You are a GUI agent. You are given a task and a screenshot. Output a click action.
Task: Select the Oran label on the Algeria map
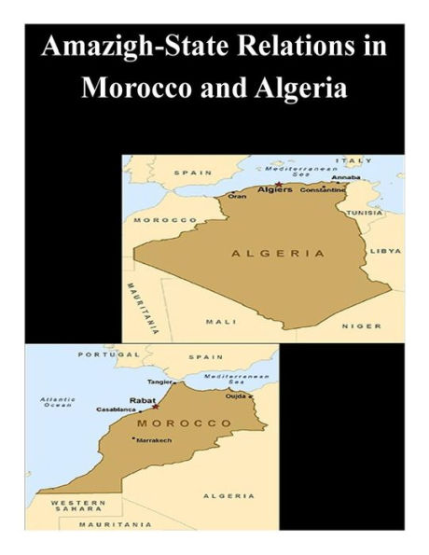click(x=238, y=196)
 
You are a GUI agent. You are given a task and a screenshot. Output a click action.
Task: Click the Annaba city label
click(x=345, y=177)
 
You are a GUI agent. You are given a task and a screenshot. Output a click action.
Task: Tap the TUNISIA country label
click(x=365, y=213)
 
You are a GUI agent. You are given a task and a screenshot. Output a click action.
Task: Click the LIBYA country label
click(x=385, y=251)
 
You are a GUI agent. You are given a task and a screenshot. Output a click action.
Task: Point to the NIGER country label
click(x=362, y=326)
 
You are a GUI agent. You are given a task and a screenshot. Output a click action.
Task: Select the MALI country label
click(x=221, y=321)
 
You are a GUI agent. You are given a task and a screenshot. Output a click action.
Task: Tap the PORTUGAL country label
click(x=102, y=354)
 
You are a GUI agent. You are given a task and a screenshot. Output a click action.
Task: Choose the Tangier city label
click(x=161, y=382)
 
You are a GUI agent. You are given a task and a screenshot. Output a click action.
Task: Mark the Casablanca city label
click(x=118, y=409)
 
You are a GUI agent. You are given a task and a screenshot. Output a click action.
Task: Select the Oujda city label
click(x=237, y=395)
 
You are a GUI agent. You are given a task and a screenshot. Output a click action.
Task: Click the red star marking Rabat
click(x=156, y=406)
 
